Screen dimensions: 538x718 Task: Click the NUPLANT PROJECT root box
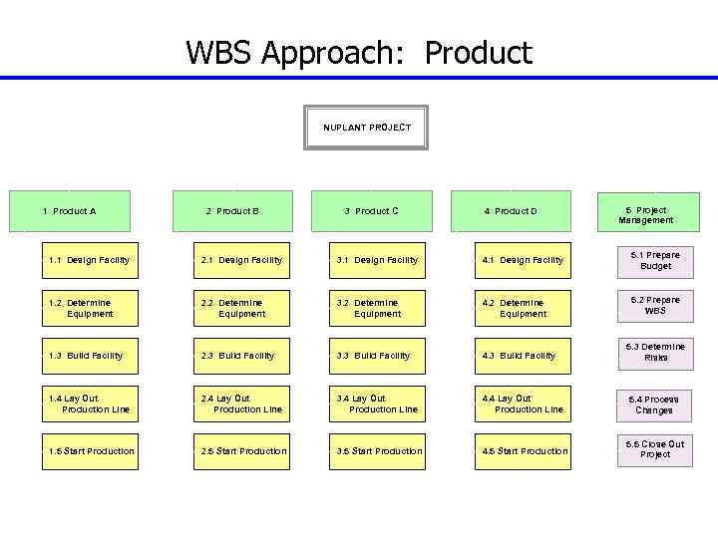366,128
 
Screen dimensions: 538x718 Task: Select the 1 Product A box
70,211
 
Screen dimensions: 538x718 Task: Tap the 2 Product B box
232,211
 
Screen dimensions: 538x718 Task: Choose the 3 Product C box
371,211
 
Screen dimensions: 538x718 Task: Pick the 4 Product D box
511,211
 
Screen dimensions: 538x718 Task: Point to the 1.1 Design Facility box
90,260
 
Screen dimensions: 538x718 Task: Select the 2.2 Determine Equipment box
241,308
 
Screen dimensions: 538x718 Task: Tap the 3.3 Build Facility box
377,356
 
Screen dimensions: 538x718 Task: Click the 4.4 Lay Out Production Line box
523,403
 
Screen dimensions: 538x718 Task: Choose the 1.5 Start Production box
90,451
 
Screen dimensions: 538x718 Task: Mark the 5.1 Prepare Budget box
655,261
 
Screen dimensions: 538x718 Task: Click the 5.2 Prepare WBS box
655,305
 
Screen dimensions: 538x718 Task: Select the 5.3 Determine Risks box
655,352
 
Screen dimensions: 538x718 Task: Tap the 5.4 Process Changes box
655,404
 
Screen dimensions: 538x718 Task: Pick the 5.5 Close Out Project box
655,449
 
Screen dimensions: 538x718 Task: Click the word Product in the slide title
479,52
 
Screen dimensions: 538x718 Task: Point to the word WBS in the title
219,52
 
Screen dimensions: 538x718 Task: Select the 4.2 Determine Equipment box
523,308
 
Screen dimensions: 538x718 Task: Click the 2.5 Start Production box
241,451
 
